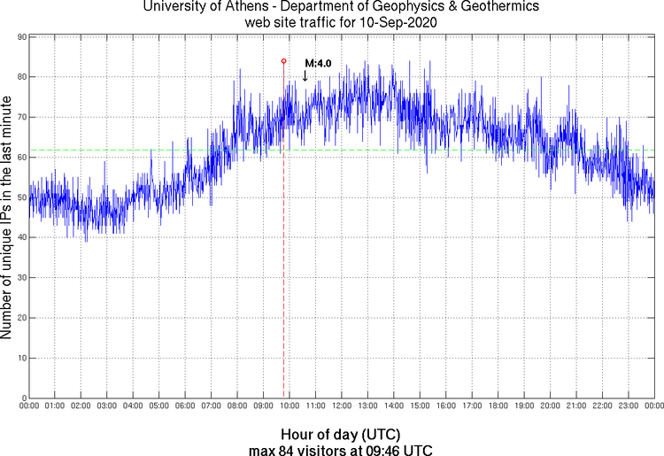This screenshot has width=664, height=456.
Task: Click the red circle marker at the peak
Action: (283, 61)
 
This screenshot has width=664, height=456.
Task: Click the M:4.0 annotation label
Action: (318, 64)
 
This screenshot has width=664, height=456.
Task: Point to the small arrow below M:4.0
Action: (305, 76)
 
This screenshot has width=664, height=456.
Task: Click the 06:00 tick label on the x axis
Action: (185, 406)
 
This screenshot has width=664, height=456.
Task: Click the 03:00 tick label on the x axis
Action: (106, 406)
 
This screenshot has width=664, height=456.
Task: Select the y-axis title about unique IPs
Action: (7, 217)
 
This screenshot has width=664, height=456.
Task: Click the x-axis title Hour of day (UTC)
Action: (341, 435)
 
